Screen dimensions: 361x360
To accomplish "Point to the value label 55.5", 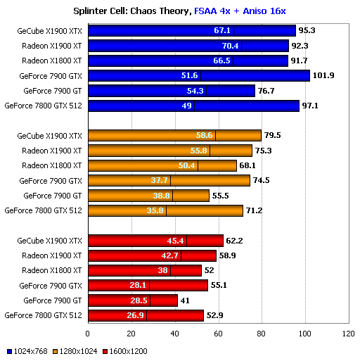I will pyautogui.click(x=222, y=196).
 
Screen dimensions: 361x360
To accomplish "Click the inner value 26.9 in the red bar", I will pyautogui.click(x=136, y=315).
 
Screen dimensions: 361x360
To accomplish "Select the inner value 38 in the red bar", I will pyautogui.click(x=164, y=270).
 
